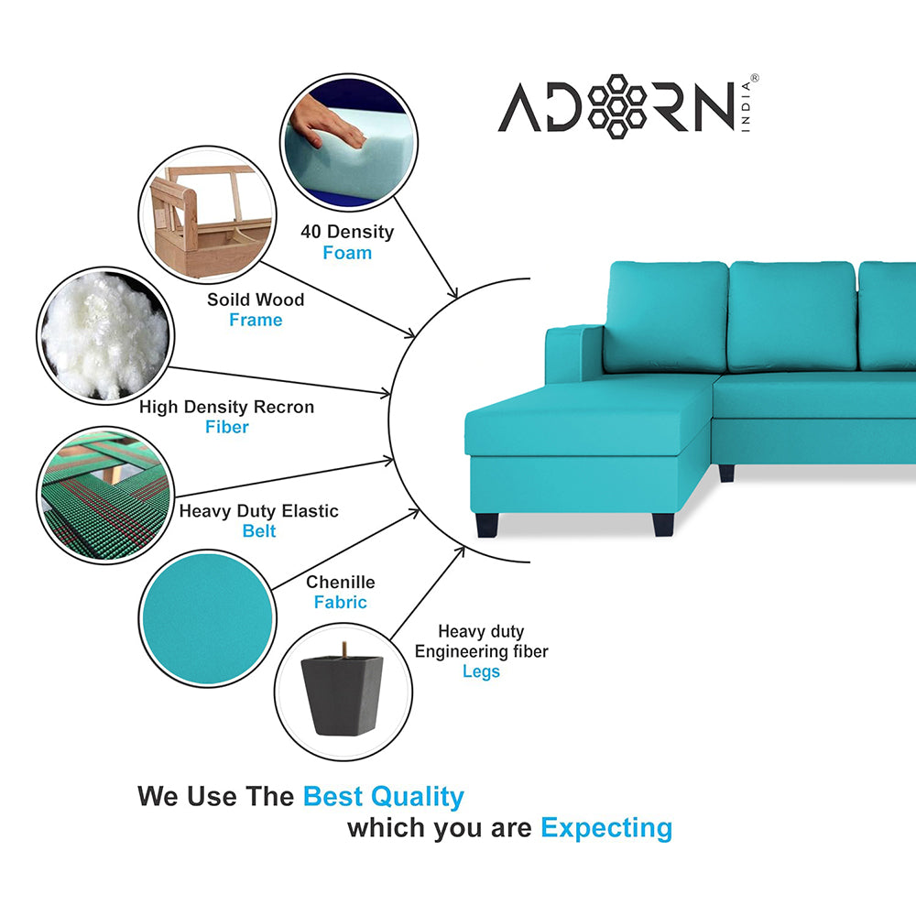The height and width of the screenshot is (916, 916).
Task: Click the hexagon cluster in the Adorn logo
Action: tap(616, 106)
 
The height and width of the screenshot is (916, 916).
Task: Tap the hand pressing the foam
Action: tap(327, 124)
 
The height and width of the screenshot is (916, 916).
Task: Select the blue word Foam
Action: tap(347, 253)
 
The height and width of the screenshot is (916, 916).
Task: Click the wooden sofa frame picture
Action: tap(208, 215)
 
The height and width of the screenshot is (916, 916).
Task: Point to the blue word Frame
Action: tap(256, 320)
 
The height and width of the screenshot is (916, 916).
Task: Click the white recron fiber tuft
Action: tap(105, 336)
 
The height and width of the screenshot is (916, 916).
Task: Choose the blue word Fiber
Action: tap(226, 427)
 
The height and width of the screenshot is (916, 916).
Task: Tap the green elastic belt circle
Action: tap(105, 496)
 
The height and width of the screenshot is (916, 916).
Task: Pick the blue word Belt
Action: tap(259, 531)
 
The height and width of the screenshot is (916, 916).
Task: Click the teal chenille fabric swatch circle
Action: tap(208, 618)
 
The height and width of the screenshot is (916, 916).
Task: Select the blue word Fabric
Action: tap(341, 603)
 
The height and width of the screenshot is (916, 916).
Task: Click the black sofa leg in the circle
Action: tap(343, 692)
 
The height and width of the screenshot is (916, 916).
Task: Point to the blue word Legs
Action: tap(481, 671)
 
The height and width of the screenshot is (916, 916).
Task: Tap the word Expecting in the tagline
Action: tap(606, 828)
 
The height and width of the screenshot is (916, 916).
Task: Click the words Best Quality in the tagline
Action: tap(383, 797)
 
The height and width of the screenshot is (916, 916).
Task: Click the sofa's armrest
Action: tap(573, 354)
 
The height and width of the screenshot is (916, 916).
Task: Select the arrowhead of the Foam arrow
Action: tap(452, 293)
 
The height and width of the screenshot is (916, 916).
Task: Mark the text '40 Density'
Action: tap(347, 232)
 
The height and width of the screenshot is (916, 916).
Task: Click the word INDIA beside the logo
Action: tap(746, 106)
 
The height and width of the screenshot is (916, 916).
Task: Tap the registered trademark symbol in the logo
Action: tap(754, 78)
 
